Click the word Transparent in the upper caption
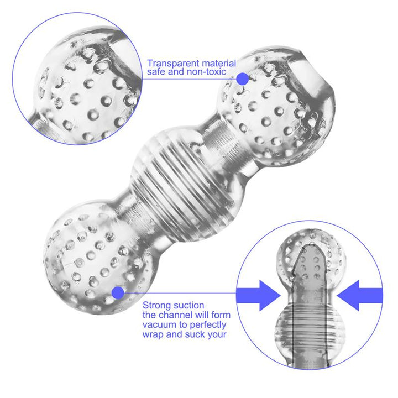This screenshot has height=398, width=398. pos(169,63)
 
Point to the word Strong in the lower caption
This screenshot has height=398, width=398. pos(156,305)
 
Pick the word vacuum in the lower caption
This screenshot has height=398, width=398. pos(158,324)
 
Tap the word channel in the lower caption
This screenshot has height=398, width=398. pos(174,315)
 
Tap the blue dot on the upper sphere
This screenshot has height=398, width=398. pos(242,78)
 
